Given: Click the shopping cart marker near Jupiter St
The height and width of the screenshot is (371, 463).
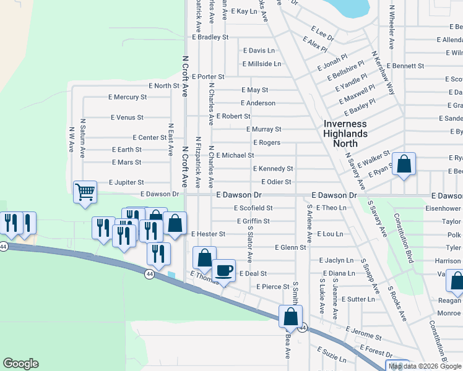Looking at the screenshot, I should point(85,191).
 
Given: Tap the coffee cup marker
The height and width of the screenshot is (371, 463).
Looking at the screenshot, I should point(223,270).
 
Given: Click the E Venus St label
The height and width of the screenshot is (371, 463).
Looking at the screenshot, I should point(127,117).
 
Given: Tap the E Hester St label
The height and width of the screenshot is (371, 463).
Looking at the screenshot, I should point(208,234).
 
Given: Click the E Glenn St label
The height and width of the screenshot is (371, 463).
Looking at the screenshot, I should point(290,247).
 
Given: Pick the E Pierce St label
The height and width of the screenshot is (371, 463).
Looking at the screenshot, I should point(273,287).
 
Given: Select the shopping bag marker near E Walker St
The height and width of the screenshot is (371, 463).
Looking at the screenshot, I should point(404,164).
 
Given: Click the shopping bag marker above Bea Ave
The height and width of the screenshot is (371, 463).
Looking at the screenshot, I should point(290,317).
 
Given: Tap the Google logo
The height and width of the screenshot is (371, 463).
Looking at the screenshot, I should point(20,364).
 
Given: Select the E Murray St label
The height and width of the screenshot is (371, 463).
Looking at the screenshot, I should point(264,129).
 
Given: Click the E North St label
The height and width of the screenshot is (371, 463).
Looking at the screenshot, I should point(164,86).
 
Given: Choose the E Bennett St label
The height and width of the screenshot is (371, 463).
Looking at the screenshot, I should point(405,66).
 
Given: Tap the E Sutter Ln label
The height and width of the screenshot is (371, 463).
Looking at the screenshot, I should point(358,299).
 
